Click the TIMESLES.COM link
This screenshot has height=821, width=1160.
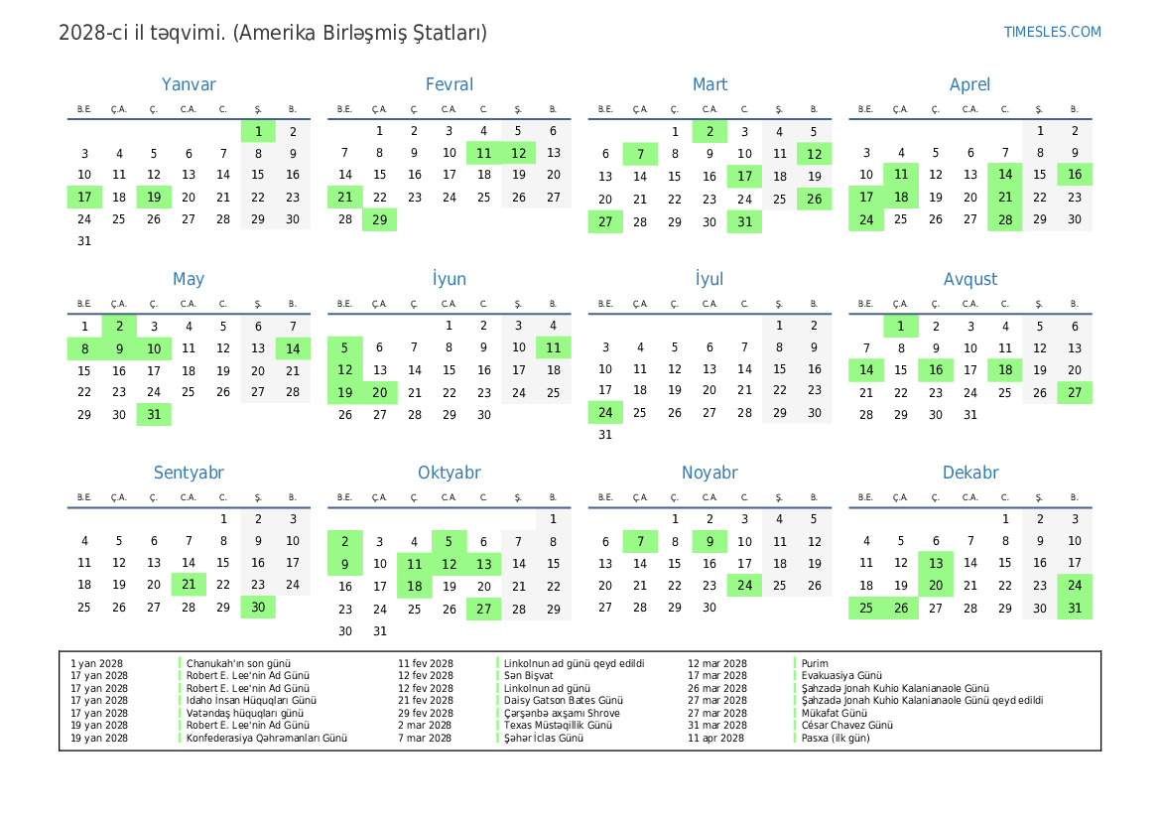[x=1052, y=32]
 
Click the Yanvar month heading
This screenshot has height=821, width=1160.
[x=189, y=85]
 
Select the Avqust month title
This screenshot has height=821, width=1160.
[x=969, y=280]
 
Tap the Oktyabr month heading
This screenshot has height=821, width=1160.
[x=449, y=474]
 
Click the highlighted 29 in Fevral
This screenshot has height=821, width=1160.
[x=379, y=219]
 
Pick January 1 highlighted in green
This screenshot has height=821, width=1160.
[x=258, y=131]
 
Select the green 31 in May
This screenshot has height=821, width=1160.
[x=154, y=415]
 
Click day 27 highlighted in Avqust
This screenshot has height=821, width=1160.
[x=1075, y=392]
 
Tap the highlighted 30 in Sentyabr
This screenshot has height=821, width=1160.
[x=258, y=608]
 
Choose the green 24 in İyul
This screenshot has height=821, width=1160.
[x=605, y=413]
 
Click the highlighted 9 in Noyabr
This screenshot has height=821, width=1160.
[x=709, y=542]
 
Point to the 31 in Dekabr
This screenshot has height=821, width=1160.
[x=1075, y=608]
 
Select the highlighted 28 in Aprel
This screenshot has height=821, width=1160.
[x=1005, y=219]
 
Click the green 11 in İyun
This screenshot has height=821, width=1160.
[x=554, y=347]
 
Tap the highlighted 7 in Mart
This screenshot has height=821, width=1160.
[x=640, y=154]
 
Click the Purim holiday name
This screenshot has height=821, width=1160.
[x=815, y=663]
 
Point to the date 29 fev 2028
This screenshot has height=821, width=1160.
[x=426, y=713]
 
